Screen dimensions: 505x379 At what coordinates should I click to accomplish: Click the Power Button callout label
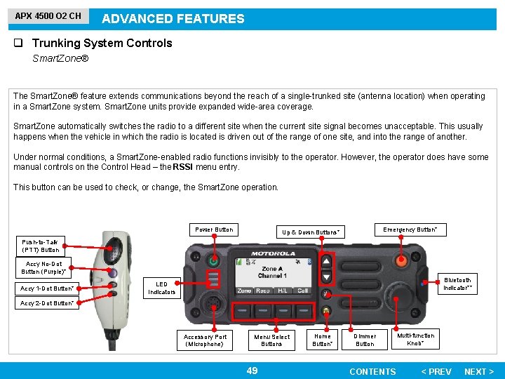click(214, 230)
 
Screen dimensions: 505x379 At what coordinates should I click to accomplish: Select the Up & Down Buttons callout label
click(311, 232)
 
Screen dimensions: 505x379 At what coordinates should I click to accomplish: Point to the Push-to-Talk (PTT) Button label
click(40, 245)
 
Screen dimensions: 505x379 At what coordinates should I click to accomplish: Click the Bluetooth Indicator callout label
click(457, 284)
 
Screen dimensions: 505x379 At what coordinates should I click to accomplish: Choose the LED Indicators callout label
click(161, 288)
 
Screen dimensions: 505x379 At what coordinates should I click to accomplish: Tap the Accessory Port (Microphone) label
click(206, 340)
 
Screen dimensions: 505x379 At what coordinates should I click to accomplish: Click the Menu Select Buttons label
click(271, 340)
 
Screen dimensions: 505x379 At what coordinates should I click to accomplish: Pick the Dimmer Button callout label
click(365, 340)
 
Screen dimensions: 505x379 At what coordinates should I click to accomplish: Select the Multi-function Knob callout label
click(415, 340)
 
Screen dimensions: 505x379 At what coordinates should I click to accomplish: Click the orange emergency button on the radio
click(401, 260)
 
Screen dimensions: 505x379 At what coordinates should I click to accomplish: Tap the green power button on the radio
click(215, 261)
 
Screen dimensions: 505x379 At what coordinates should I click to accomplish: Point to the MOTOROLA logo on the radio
click(274, 253)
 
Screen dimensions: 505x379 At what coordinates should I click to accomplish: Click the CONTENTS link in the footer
click(372, 371)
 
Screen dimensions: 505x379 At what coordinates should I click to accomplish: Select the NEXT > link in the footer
click(479, 371)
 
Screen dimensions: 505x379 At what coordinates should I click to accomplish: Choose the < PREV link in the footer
click(436, 371)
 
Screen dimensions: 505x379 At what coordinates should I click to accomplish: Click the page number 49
click(252, 371)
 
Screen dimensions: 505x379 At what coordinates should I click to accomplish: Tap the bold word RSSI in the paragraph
click(184, 167)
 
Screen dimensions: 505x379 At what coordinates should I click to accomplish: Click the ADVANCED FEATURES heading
click(173, 19)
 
